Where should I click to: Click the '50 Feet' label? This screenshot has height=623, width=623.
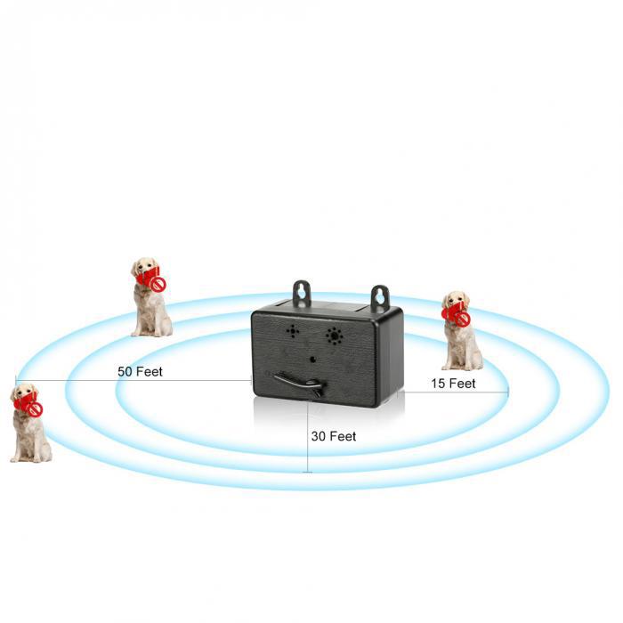(141, 371)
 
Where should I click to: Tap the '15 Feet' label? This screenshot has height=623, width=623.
(453, 384)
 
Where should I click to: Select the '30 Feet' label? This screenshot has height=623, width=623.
(334, 436)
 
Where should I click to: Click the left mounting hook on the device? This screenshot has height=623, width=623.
(302, 293)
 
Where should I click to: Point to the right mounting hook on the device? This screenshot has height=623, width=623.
(380, 298)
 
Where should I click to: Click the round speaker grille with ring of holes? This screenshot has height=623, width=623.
(335, 336)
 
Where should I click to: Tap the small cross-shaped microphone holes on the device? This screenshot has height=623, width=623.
(293, 330)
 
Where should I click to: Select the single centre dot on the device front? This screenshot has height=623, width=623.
(313, 360)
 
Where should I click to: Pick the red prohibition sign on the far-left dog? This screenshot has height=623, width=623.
(36, 409)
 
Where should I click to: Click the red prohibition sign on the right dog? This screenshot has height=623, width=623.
(463, 319)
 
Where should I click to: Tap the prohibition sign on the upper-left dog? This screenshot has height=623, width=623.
(158, 284)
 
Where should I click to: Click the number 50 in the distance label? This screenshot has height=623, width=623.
(125, 371)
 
